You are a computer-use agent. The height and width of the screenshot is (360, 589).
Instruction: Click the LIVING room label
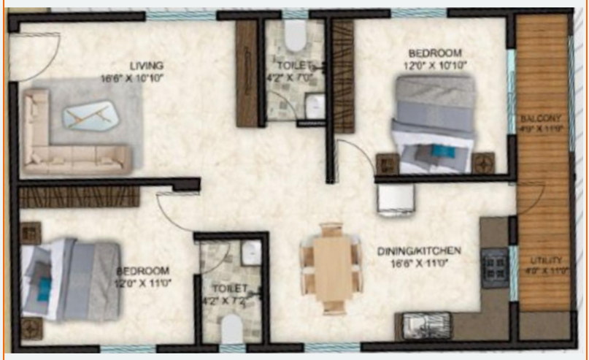[x=147, y=65]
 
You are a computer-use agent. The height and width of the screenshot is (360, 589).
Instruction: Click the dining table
[x=331, y=267]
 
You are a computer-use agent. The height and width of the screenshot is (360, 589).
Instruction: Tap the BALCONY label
[x=540, y=118]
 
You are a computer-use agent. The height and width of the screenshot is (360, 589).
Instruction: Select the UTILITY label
[x=546, y=259]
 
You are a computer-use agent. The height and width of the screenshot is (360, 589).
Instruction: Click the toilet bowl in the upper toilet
[x=294, y=37]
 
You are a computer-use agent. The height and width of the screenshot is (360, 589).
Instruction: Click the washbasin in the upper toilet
[x=314, y=107]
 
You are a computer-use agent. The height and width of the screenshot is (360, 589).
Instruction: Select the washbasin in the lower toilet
[x=251, y=253]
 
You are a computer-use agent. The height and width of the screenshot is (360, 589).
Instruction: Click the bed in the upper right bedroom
[x=434, y=124]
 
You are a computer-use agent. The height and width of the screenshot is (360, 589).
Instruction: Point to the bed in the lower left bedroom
[x=69, y=280]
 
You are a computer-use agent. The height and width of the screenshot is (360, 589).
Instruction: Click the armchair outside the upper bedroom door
[x=395, y=199]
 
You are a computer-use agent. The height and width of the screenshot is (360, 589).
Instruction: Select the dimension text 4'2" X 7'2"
[x=231, y=299]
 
